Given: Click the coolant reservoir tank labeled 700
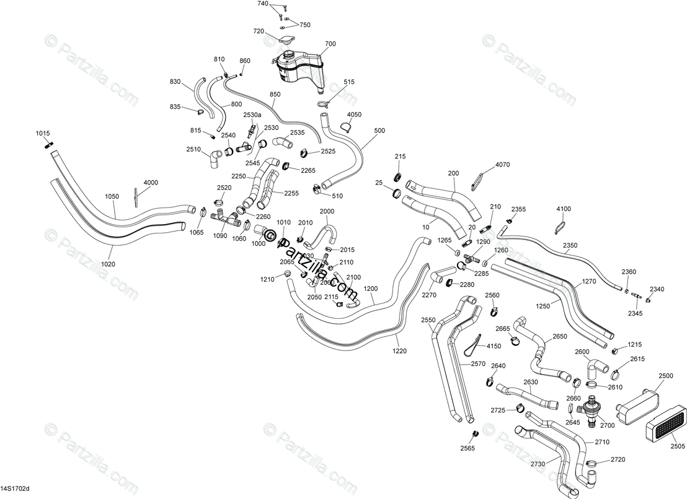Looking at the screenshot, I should pos(298,67).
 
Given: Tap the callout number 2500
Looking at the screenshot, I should pos(665,376).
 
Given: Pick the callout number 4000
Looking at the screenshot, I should pos(151,183).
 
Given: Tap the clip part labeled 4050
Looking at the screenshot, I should pos(347,127).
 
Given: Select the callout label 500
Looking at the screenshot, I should pos(379,131).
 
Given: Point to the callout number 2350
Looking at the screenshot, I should pos(570,245).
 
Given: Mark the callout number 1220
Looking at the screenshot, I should pos(400,350).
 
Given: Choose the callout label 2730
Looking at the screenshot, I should pos(537,464).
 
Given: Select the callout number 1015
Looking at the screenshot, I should pos(42,134).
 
